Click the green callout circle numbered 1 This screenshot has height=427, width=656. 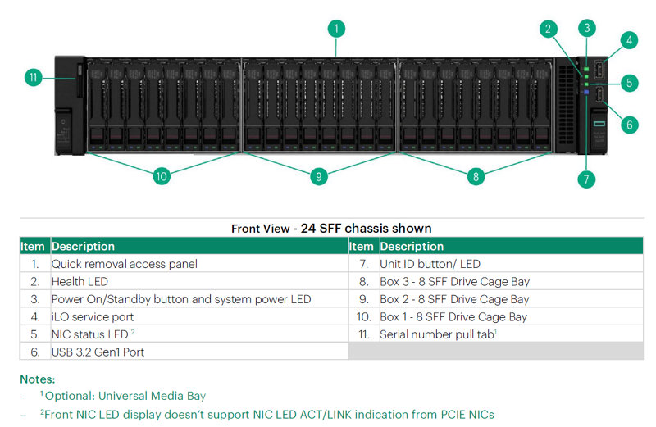tap(335, 29)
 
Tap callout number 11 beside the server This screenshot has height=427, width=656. tap(34, 78)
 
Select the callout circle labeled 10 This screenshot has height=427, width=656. tap(162, 175)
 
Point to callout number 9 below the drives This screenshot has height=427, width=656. tap(319, 175)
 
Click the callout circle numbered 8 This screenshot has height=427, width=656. tap(476, 175)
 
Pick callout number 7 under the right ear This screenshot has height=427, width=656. tap(585, 179)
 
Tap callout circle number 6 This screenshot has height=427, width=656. tap(629, 125)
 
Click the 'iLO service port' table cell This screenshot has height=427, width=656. tap(93, 316)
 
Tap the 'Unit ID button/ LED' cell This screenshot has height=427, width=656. tap(430, 264)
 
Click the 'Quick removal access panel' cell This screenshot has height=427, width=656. tap(125, 264)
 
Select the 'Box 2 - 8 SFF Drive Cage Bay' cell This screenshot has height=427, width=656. tap(454, 299)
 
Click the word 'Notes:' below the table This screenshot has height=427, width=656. tap(38, 379)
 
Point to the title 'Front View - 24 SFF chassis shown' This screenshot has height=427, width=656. tap(331, 228)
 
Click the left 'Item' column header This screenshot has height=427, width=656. tap(34, 246)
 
